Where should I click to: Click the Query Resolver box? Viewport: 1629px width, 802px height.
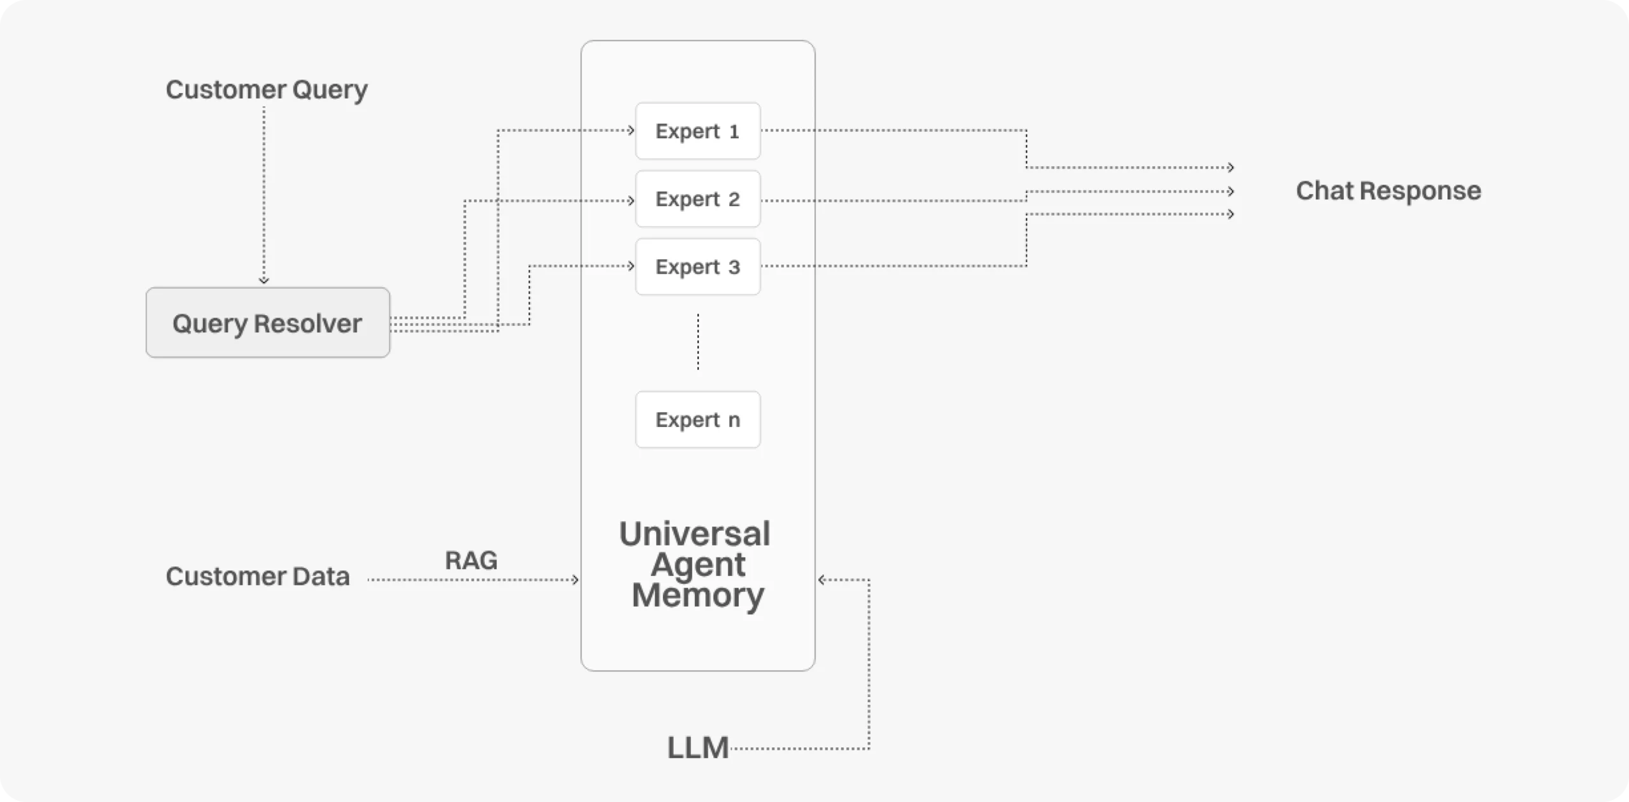coord(268,323)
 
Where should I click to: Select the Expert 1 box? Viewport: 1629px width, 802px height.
coord(697,131)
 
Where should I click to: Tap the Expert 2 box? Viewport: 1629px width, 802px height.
coord(697,199)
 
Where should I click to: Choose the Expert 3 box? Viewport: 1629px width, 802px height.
coord(697,267)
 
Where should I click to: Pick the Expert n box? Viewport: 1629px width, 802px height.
coord(697,419)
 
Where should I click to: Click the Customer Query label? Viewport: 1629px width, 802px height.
coord(267,90)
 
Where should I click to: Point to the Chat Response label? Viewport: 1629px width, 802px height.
coord(1388,190)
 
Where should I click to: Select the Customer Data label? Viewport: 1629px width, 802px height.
coord(258,577)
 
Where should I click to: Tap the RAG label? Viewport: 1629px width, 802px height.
coord(471,561)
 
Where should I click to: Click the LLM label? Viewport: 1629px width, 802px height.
coord(697,748)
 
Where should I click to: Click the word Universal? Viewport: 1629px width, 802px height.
coord(695,533)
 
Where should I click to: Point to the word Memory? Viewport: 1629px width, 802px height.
coord(698,595)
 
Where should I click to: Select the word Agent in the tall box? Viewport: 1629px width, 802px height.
coord(698,565)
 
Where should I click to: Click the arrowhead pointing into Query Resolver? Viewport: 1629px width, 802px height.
coord(264,280)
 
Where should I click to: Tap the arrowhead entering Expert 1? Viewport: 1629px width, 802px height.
coord(631,130)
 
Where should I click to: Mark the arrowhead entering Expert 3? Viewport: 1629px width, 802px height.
coord(631,266)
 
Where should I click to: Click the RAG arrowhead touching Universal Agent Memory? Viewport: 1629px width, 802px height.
coord(575,580)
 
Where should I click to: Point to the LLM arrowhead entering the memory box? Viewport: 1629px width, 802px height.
coord(821,580)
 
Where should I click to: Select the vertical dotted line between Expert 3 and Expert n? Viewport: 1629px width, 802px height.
coord(698,342)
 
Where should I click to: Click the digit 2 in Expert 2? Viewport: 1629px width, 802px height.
coord(734,199)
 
